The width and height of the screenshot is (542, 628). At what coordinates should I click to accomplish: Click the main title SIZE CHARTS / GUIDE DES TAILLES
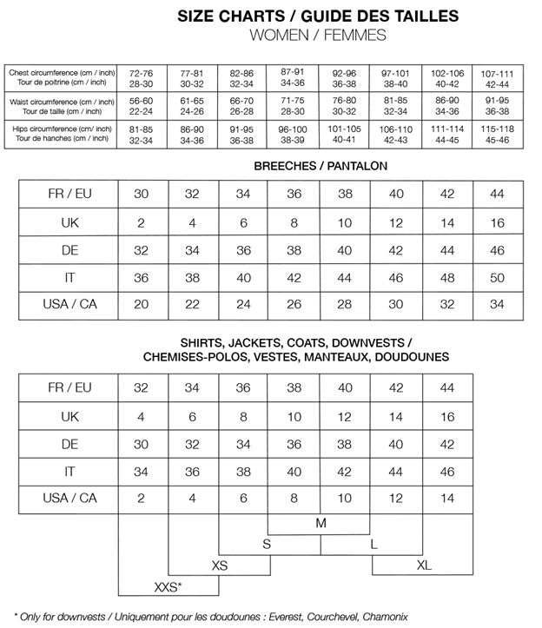pyautogui.click(x=318, y=16)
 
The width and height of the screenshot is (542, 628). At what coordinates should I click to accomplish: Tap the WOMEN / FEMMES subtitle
pyautogui.click(x=318, y=35)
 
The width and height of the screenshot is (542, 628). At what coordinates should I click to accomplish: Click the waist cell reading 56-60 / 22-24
pyautogui.click(x=141, y=105)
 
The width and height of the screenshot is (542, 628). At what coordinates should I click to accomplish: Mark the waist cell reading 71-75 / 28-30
pyautogui.click(x=292, y=105)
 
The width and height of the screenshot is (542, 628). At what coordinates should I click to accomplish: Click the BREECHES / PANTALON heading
pyautogui.click(x=321, y=165)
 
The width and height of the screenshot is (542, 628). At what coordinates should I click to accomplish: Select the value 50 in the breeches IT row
pyautogui.click(x=497, y=278)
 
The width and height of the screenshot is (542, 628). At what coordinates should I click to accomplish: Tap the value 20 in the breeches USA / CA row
pyautogui.click(x=142, y=305)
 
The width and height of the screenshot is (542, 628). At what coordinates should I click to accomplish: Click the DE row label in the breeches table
pyautogui.click(x=69, y=250)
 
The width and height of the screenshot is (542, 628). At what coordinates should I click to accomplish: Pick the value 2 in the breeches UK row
pyautogui.click(x=142, y=222)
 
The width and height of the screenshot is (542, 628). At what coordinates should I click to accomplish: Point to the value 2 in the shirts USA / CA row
pyautogui.click(x=142, y=499)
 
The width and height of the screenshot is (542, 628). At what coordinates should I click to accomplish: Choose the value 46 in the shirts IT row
pyautogui.click(x=447, y=471)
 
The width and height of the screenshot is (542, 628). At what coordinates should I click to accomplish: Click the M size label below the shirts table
pyautogui.click(x=321, y=523)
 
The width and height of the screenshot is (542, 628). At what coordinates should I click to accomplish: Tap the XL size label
pyautogui.click(x=423, y=565)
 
